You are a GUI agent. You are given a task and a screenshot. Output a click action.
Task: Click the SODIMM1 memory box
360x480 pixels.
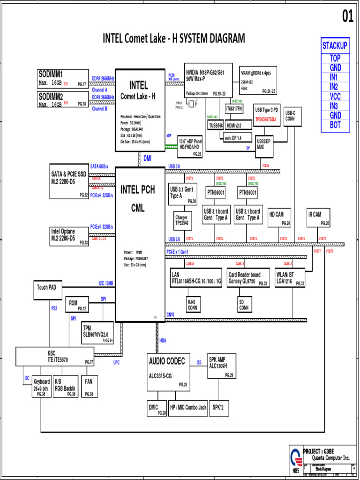coord(63,78)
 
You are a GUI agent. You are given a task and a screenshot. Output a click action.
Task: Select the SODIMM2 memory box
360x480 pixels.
coord(63,99)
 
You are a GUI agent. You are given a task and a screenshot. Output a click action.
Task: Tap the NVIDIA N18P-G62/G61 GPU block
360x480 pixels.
coord(208,80)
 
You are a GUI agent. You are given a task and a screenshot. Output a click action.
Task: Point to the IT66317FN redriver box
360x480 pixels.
coord(234,109)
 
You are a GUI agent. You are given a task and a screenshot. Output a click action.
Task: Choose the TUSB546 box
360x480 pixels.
coord(216,125)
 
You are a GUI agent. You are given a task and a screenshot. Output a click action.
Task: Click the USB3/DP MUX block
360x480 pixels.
coord(264,144)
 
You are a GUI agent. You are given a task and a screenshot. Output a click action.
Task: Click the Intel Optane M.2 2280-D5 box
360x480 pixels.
coord(69,236)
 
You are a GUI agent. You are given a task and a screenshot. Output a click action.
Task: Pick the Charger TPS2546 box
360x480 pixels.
coord(182,220)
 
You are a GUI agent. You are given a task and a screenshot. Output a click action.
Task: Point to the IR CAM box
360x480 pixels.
coord(319,217)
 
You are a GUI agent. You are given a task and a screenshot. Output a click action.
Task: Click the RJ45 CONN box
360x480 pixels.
coord(192,305)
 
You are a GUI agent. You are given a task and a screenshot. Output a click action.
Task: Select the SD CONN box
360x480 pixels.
coord(244,305)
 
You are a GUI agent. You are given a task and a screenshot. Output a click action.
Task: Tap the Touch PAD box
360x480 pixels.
coord(47,287)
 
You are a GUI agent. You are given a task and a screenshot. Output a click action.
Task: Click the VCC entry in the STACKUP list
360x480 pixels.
coord(335,96)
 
